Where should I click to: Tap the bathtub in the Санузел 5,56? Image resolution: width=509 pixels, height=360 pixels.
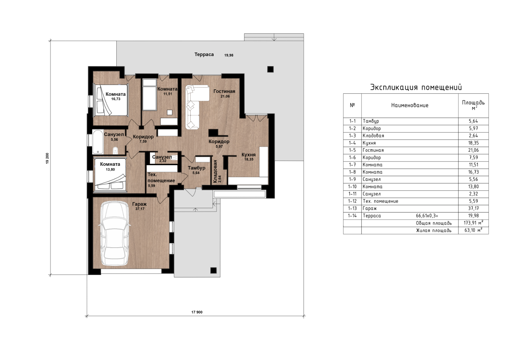[98, 142]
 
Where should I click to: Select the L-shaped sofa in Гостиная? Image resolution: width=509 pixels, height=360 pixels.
[195, 107]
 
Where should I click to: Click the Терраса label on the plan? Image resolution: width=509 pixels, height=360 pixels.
[204, 54]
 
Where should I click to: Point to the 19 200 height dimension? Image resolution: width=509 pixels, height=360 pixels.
[47, 158]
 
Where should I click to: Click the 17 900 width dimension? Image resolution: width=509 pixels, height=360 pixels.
[197, 312]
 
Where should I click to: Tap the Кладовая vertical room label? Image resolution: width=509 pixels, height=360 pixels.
[215, 171]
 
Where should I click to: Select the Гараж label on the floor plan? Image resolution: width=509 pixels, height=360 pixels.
[140, 204]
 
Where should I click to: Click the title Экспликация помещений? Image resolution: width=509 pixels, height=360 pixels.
[416, 87]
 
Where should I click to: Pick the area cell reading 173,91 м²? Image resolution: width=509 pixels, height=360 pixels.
[473, 223]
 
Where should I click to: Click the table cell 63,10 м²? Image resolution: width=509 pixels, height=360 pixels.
[473, 230]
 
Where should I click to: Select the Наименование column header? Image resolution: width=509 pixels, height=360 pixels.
[410, 105]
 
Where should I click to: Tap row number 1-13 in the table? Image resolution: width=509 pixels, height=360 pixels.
[352, 208]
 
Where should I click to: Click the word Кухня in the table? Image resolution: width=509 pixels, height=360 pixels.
[369, 143]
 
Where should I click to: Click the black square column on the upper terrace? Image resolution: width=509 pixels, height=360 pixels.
[270, 69]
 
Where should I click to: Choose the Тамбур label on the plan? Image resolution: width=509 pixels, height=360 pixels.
[197, 168]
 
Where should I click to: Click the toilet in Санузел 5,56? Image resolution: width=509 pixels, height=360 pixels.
[115, 150]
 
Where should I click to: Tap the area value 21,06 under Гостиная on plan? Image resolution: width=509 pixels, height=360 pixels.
[225, 96]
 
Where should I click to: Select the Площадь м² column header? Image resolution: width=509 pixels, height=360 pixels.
[473, 105]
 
